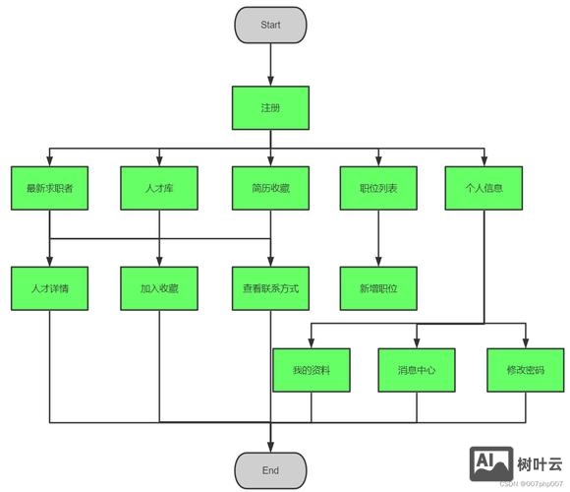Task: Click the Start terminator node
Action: [270, 25]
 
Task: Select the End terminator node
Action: [270, 470]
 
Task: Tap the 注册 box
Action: [270, 108]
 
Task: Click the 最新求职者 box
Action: [50, 189]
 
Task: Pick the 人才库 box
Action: [159, 189]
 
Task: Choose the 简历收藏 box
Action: [270, 189]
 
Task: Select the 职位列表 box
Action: [378, 189]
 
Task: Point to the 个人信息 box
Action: [484, 189]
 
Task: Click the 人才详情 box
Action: [50, 289]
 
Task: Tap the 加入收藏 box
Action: [159, 289]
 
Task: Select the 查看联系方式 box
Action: [270, 289]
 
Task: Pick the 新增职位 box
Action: [378, 289]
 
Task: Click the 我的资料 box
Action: [312, 370]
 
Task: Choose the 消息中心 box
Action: [417, 370]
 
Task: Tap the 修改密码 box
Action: [525, 370]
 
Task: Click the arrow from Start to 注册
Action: [270, 65]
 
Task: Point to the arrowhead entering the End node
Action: [270, 446]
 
